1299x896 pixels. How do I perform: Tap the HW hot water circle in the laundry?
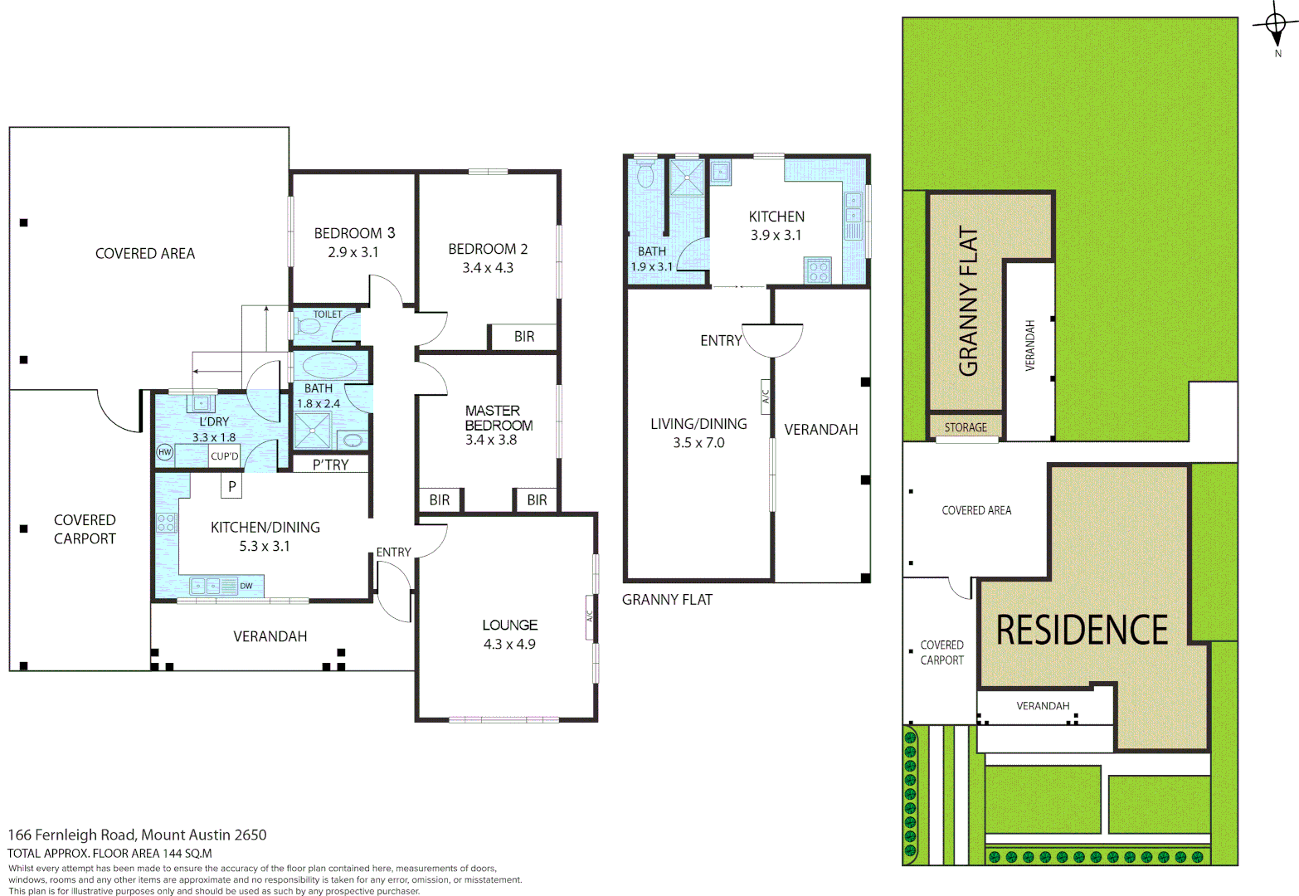[164, 452]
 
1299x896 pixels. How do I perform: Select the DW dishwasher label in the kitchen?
[246, 586]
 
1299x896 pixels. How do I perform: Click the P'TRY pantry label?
[330, 465]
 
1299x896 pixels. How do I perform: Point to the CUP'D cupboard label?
[224, 456]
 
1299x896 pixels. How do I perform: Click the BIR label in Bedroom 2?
[523, 336]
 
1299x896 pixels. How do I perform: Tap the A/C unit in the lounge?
[591, 617]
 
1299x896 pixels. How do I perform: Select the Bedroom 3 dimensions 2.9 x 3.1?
[353, 252]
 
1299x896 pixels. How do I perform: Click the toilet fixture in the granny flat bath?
[645, 174]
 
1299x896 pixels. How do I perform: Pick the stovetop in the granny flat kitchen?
[818, 270]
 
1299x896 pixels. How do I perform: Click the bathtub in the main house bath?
[329, 366]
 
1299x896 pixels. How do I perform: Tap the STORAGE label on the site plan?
[966, 427]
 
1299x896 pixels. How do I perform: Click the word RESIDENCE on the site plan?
[1082, 631]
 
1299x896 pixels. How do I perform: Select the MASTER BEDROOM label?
[499, 417]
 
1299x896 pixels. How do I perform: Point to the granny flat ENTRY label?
[721, 340]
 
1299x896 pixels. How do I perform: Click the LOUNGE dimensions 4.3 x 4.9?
[509, 644]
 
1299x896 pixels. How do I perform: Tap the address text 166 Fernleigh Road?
[137, 835]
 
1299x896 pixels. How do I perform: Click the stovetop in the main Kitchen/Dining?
[167, 523]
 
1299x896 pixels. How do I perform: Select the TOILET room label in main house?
[327, 314]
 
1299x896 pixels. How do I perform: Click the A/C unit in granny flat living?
[765, 397]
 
